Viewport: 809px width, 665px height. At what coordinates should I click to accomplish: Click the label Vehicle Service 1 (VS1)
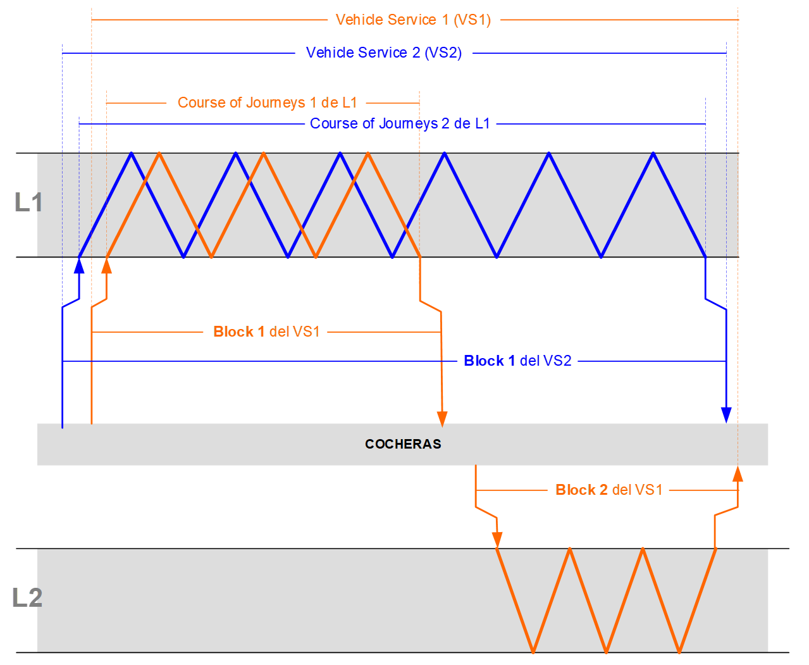[413, 20]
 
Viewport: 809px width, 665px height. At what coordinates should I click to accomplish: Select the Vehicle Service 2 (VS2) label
[383, 53]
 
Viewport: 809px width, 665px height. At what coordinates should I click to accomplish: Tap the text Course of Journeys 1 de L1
[267, 103]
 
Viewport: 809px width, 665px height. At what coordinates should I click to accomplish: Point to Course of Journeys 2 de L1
[400, 123]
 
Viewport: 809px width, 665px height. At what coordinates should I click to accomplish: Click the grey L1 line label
[28, 202]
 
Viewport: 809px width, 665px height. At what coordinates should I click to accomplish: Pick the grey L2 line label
[27, 598]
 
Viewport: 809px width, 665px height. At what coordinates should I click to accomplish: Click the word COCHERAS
[403, 444]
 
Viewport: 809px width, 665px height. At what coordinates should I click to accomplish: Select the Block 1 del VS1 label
[266, 332]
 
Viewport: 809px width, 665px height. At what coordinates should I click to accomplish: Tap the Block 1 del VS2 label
[517, 361]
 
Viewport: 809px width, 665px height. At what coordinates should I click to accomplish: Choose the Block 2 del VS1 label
[608, 490]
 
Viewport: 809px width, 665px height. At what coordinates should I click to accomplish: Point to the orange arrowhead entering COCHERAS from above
[442, 418]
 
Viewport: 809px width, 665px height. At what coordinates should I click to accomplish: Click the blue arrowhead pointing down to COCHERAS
[726, 415]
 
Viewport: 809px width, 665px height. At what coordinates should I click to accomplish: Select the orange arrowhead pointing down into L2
[497, 540]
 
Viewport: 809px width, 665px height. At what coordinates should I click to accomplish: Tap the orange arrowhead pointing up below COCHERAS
[738, 474]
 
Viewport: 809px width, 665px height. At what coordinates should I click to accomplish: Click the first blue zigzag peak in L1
[131, 153]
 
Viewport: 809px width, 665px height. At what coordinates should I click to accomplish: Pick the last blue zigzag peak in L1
[653, 153]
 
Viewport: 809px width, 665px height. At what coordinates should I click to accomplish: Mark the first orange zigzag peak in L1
[159, 153]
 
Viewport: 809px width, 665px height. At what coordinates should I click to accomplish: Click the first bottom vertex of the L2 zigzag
[533, 652]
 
